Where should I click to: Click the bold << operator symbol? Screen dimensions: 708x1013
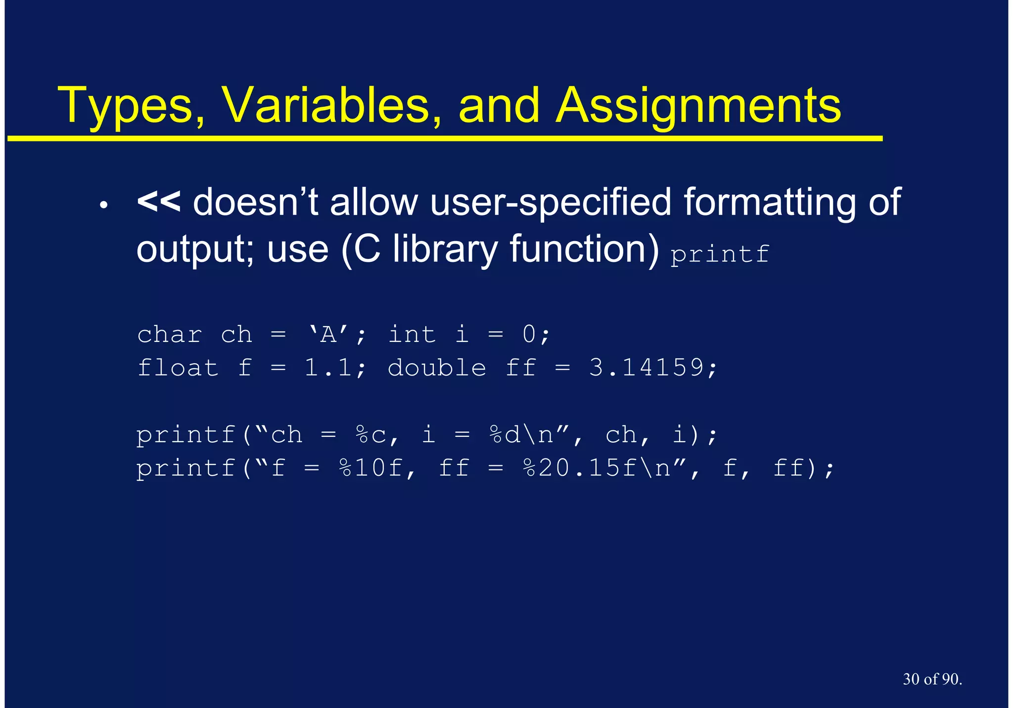click(158, 202)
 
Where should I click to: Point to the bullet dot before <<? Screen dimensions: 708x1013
click(103, 205)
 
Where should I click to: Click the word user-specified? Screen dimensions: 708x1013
click(551, 203)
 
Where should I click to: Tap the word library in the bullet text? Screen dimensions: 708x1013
click(445, 250)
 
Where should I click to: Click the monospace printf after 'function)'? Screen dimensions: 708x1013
click(720, 254)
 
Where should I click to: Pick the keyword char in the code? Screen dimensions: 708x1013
click(170, 335)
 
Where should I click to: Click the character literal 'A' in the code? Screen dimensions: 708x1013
click(328, 334)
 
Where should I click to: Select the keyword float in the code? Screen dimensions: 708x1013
click(178, 368)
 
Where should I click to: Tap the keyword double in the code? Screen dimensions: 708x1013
click(437, 368)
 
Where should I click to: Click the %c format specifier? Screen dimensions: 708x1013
click(371, 435)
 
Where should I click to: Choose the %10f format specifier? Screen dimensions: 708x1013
click(371, 468)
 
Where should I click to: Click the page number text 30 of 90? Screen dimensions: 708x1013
click(932, 679)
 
